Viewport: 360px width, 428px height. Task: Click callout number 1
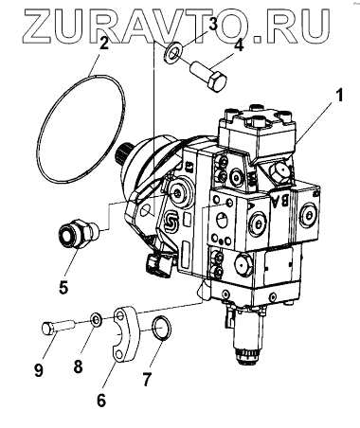(x=338, y=95)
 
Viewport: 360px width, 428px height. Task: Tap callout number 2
(x=103, y=43)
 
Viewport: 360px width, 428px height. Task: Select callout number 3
(x=213, y=25)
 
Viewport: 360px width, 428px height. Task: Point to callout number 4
(x=239, y=45)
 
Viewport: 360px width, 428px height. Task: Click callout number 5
(x=63, y=287)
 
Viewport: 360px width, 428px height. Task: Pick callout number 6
(x=101, y=400)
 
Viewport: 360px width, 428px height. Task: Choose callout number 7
(x=146, y=379)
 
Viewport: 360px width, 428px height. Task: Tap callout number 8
(x=78, y=366)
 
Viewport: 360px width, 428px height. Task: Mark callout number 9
(x=39, y=369)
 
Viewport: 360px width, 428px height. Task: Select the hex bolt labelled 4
(x=208, y=76)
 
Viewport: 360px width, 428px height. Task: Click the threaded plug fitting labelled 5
(x=80, y=233)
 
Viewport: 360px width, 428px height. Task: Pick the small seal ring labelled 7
(x=162, y=329)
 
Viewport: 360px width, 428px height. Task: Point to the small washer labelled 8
(x=96, y=321)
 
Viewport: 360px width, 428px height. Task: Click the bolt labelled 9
(x=58, y=328)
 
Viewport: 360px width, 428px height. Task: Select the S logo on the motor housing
(x=172, y=223)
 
